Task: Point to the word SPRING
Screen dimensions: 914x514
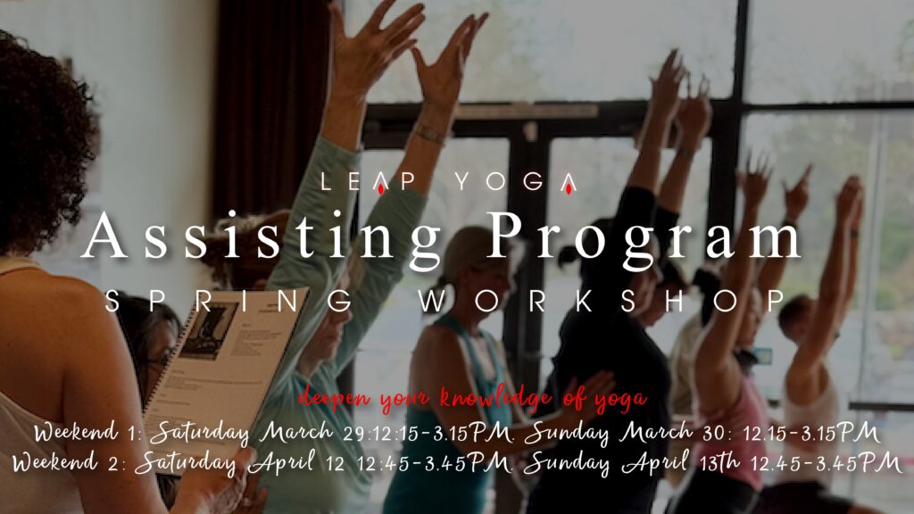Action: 228,302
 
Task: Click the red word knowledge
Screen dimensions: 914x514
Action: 495,398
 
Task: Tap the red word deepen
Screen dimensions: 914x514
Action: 335,400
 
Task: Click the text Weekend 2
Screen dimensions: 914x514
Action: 69,463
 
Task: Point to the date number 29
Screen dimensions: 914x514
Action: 353,435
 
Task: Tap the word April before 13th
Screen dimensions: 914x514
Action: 656,464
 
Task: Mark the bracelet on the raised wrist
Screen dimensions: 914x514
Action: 430,136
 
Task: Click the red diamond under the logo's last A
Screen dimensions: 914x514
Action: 569,188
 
